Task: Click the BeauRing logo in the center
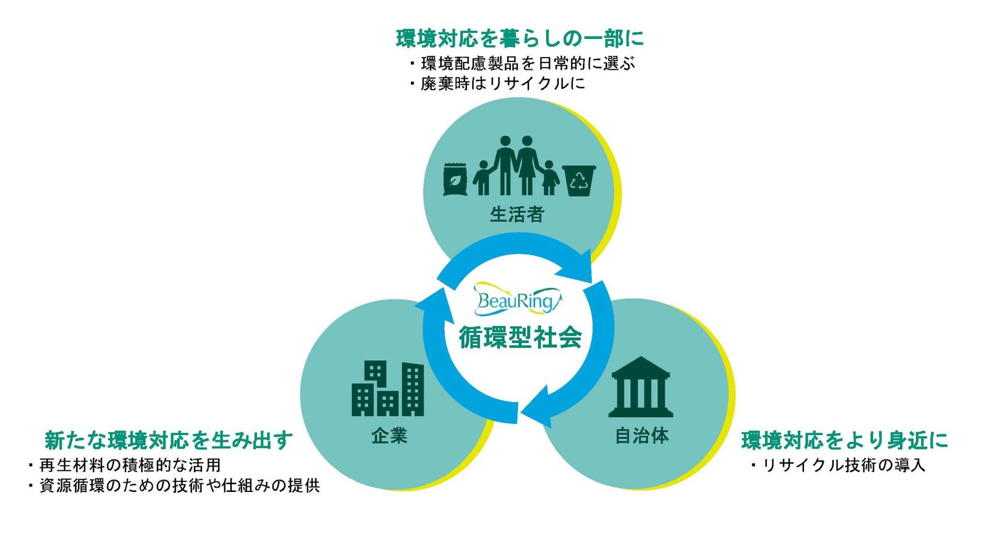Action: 517,300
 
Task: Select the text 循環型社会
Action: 520,337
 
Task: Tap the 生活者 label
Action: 517,215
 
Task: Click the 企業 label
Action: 389,436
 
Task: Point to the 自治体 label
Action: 642,436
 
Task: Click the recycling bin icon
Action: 579,180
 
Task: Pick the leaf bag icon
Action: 455,179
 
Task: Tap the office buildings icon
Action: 388,389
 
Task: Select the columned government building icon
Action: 640,387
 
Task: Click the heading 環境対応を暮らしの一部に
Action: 520,38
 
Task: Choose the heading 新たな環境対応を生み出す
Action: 168,440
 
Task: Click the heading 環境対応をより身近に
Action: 845,440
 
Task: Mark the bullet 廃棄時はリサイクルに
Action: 502,84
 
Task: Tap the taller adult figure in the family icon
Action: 505,164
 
